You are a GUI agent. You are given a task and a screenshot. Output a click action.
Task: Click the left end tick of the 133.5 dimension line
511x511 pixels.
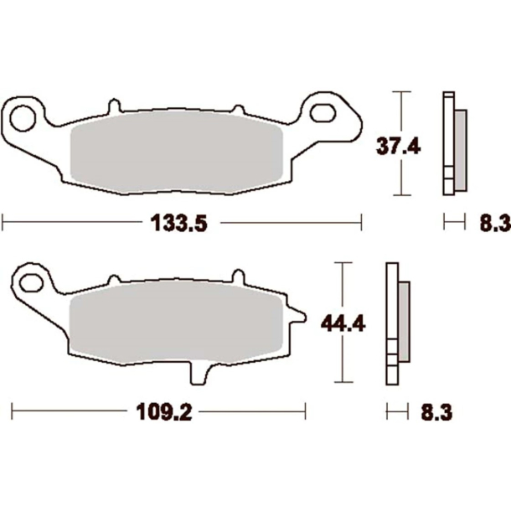click(x=4, y=222)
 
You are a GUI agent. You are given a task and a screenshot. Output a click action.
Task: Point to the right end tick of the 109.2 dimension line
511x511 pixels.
click(x=306, y=410)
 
